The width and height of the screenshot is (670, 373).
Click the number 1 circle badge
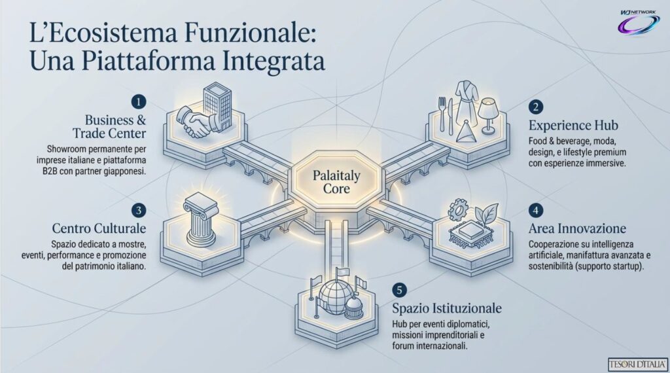[x=139, y=101]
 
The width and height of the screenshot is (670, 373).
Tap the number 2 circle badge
[x=536, y=107]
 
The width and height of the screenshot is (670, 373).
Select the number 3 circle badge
[x=139, y=210]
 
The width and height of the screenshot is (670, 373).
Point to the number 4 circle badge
[x=536, y=210]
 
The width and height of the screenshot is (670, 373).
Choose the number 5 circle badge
[x=400, y=290]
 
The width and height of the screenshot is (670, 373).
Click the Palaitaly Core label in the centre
[x=336, y=182]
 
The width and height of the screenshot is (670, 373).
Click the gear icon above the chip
[x=459, y=209]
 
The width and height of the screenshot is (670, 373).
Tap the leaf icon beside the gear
[x=486, y=213]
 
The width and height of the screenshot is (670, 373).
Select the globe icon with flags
[x=336, y=295]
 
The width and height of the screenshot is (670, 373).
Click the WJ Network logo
[x=639, y=22]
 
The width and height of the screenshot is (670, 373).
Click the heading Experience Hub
[x=573, y=125]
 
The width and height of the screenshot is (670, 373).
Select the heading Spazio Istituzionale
[x=447, y=308]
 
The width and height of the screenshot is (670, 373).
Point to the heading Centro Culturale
[x=99, y=228]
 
